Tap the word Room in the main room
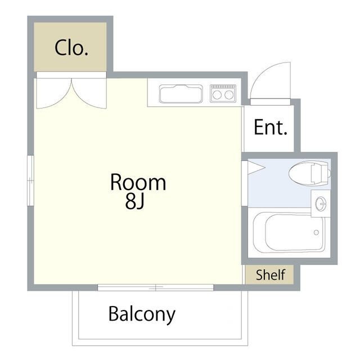[x=138, y=182]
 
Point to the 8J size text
[x=135, y=201]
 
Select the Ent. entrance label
[x=271, y=127]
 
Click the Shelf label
[x=271, y=275]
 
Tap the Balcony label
[x=142, y=313]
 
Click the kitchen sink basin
[x=181, y=93]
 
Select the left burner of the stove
[x=217, y=95]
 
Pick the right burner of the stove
[x=228, y=95]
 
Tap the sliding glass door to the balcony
[x=155, y=287]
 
